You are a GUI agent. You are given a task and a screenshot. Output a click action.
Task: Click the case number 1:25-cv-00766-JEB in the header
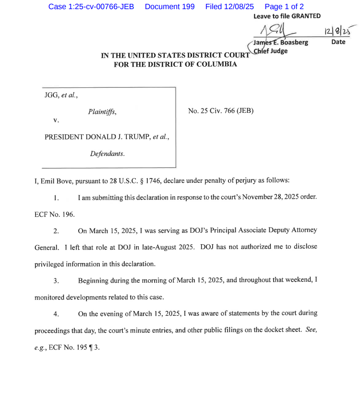coord(91,7)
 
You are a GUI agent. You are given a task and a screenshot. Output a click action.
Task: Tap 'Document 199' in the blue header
coord(169,7)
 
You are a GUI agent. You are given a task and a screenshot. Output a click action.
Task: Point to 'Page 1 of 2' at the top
coord(284,7)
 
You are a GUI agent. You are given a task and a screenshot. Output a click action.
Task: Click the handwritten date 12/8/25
coord(337,32)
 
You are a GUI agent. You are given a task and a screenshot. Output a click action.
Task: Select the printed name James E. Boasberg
coord(281,42)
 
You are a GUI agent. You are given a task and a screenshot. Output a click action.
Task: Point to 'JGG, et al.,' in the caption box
coord(60,95)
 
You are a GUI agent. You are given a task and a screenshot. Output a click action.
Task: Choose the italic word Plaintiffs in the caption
coord(102,112)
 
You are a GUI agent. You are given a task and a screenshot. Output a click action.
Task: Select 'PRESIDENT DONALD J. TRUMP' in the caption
coord(97,137)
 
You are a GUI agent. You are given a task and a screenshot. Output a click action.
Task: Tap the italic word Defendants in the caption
coord(107,154)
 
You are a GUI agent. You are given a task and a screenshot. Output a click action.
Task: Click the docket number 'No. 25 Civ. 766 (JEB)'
coord(221,111)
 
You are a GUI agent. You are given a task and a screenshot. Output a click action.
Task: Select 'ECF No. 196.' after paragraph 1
coord(55,215)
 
